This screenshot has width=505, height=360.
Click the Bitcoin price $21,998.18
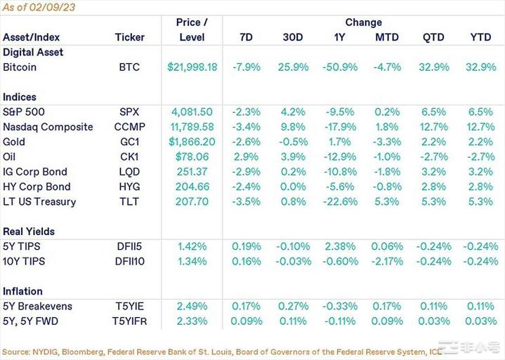point(192,67)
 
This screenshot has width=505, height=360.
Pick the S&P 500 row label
point(22,112)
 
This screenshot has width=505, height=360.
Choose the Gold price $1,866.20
point(192,142)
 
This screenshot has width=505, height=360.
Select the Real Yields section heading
point(29,232)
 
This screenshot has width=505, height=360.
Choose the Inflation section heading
point(22,291)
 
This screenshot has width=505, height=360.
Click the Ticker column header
point(129,37)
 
